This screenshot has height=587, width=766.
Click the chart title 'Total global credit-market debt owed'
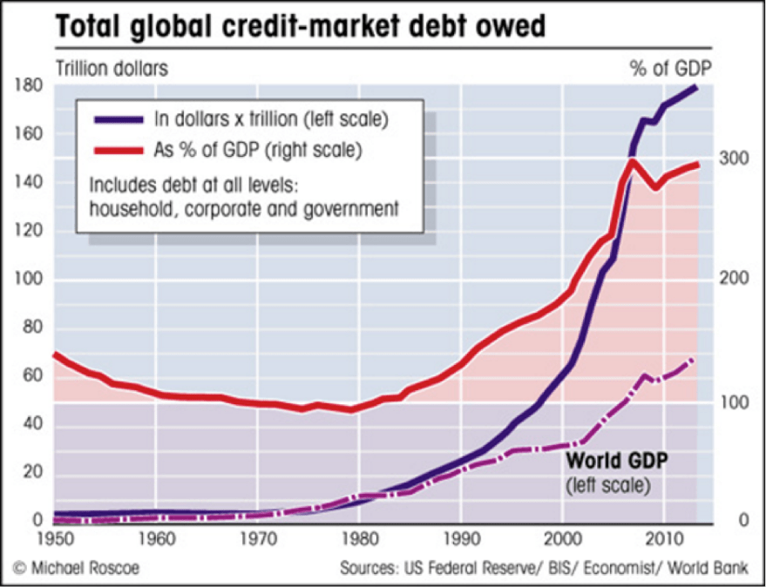[x=301, y=27]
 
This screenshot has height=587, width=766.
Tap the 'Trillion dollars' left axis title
[x=112, y=67]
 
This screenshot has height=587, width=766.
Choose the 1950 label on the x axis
[x=55, y=537]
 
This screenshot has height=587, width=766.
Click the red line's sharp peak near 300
[x=632, y=161]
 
